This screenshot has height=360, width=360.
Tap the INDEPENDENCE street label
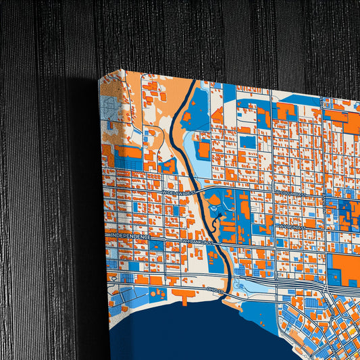(x=129, y=236)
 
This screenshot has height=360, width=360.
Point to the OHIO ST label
(x=215, y=288)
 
